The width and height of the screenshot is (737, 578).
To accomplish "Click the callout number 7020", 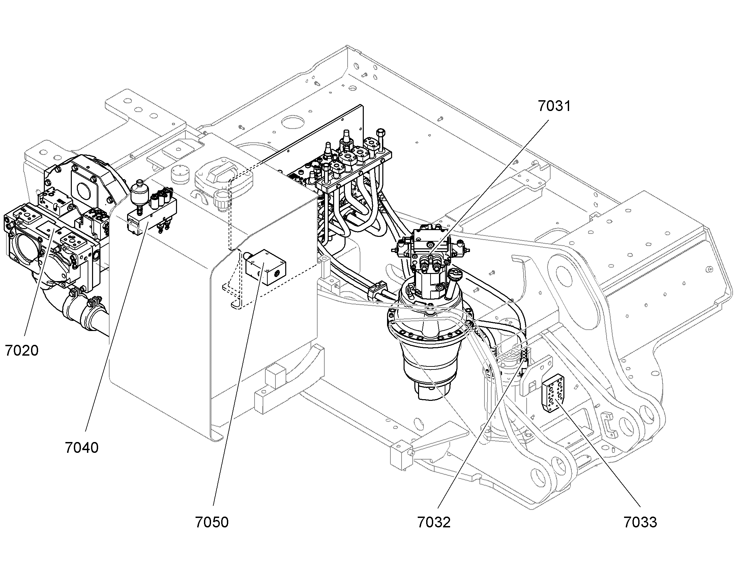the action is coord(22,351).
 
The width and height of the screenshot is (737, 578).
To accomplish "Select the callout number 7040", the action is coord(82,448).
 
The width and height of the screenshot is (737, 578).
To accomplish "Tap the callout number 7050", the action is coord(212,522).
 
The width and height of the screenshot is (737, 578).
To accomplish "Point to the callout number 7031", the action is coord(554,106).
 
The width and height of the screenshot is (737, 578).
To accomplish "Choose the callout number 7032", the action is coord(434,522).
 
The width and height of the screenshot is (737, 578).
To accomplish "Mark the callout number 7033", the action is coord(640,522).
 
